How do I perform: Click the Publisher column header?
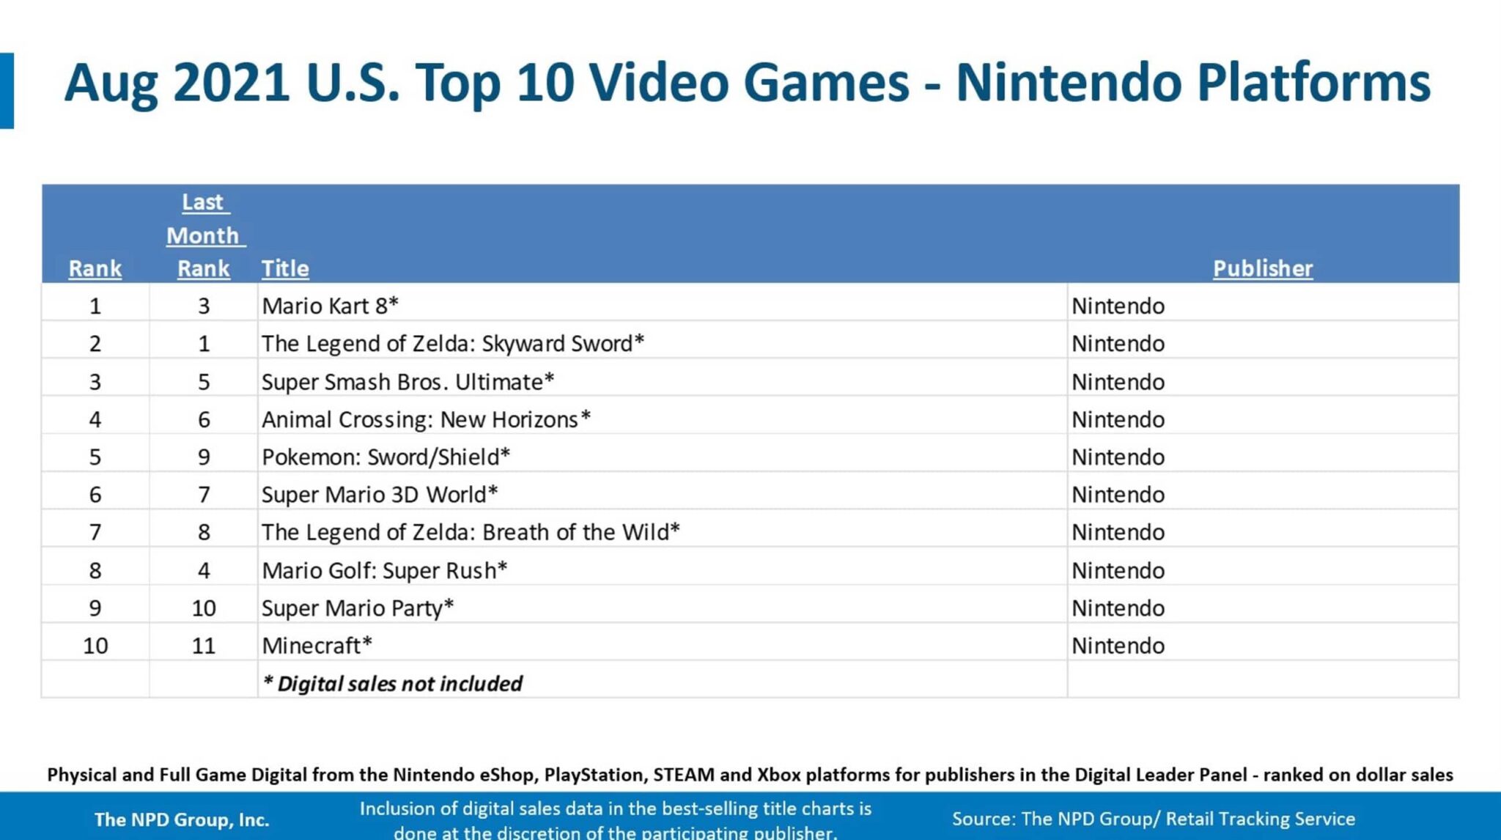[1263, 268]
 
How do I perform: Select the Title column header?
[285, 268]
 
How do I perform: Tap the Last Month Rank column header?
[204, 235]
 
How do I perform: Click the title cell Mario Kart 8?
[330, 306]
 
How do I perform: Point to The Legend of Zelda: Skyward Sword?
[453, 344]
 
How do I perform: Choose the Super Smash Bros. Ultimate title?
[407, 382]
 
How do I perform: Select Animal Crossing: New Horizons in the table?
[426, 419]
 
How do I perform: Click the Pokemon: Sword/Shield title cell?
[386, 457]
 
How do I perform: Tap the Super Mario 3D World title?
[380, 495]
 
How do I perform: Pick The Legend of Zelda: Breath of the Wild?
[471, 532]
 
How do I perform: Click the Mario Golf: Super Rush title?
[384, 570]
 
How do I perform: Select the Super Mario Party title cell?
[358, 608]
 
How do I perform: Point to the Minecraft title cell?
[317, 646]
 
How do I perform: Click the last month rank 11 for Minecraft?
[204, 646]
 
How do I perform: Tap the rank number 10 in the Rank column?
[95, 646]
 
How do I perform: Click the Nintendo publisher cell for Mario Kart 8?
[1118, 306]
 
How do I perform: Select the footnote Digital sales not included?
[393, 684]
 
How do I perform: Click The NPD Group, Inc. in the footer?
[182, 819]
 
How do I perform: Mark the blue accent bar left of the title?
[7, 91]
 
